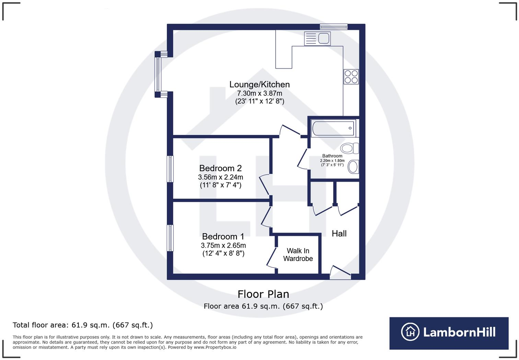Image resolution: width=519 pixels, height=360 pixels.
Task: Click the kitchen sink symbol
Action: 317,38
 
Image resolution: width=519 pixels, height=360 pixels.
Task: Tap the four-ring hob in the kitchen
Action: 351,77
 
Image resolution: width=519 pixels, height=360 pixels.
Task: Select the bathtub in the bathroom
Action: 333,128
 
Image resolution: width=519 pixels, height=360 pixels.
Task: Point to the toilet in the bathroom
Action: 349,148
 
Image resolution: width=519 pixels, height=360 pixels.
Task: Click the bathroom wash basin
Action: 353,167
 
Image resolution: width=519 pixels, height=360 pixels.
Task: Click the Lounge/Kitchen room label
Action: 259,85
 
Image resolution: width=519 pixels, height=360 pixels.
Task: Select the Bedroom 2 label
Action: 220,168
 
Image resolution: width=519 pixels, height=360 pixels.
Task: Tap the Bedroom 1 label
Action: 223,237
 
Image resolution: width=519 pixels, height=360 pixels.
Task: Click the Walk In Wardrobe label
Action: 298,255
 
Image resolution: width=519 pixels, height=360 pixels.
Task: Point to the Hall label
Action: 339,234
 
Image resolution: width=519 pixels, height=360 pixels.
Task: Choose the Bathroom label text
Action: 332,156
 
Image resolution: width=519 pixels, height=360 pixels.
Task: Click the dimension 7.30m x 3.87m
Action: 259,93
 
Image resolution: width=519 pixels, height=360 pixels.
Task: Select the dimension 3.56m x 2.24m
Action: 220,177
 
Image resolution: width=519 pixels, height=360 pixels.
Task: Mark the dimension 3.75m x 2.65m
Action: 223,246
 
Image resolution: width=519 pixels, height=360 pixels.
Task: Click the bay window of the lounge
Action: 158,75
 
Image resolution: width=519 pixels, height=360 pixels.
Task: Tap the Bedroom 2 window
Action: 170,169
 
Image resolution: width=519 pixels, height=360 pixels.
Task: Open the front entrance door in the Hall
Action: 340,273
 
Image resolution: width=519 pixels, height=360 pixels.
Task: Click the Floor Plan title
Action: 263,294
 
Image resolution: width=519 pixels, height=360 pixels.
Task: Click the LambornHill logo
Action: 449,333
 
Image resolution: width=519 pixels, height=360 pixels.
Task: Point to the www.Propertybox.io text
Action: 215,347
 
